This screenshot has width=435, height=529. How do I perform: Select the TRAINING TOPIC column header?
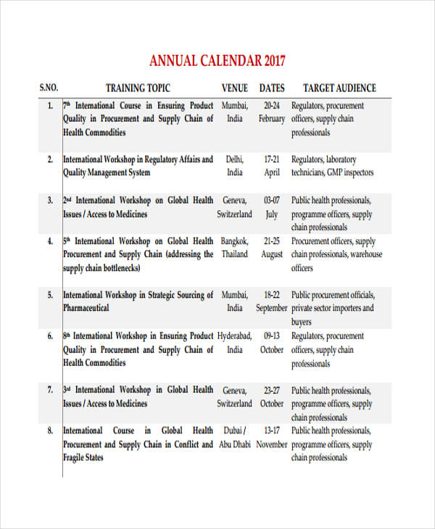(138, 88)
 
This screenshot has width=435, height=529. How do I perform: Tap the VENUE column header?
(234, 88)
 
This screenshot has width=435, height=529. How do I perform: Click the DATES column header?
(272, 88)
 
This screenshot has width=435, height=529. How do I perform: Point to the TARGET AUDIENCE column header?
(339, 88)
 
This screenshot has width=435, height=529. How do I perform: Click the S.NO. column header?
(49, 88)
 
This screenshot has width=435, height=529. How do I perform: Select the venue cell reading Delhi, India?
(234, 166)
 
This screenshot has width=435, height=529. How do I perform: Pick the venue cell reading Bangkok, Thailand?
(234, 248)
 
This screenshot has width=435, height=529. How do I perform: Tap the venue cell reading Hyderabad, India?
(234, 343)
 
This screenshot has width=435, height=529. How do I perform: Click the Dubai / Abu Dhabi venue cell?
(234, 438)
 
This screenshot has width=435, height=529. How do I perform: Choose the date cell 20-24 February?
(272, 112)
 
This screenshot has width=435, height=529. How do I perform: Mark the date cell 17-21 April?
(272, 166)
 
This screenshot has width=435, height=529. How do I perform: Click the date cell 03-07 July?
(272, 207)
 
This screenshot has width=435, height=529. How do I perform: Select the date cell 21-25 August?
(272, 248)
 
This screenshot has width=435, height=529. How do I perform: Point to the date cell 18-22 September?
(272, 301)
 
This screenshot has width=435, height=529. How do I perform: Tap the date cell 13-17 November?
(272, 438)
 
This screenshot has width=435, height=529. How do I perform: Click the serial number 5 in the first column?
(50, 295)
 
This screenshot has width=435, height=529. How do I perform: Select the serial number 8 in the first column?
(50, 430)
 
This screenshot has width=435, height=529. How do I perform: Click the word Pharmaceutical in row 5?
(86, 308)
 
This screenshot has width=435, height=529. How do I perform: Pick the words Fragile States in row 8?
(83, 458)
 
